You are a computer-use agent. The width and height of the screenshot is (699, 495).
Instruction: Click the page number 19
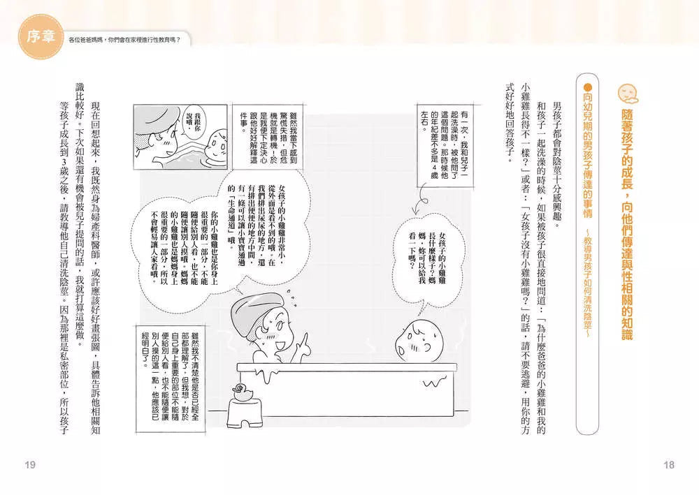29,465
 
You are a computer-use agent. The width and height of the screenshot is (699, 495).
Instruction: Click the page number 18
669,465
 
